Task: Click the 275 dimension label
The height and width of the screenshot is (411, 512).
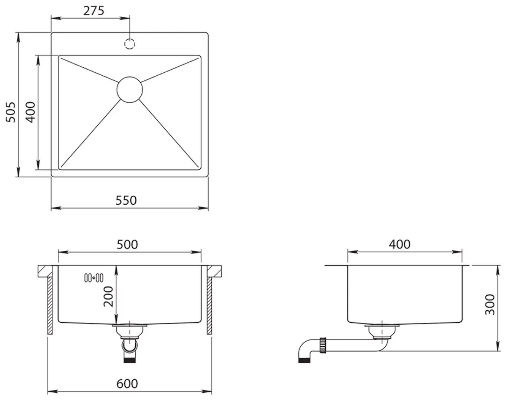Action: (x=94, y=11)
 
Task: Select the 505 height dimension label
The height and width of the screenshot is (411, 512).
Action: (x=11, y=112)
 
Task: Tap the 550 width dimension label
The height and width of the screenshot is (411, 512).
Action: (x=126, y=201)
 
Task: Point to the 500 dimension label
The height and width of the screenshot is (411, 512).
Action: (x=127, y=244)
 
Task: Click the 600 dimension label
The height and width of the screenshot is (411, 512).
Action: (x=127, y=384)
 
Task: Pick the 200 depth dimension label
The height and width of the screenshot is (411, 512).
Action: (x=108, y=296)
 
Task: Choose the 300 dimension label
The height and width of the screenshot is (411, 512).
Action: (x=490, y=305)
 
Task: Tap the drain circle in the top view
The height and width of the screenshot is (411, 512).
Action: (x=130, y=89)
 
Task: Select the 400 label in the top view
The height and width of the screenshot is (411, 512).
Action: (x=31, y=112)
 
